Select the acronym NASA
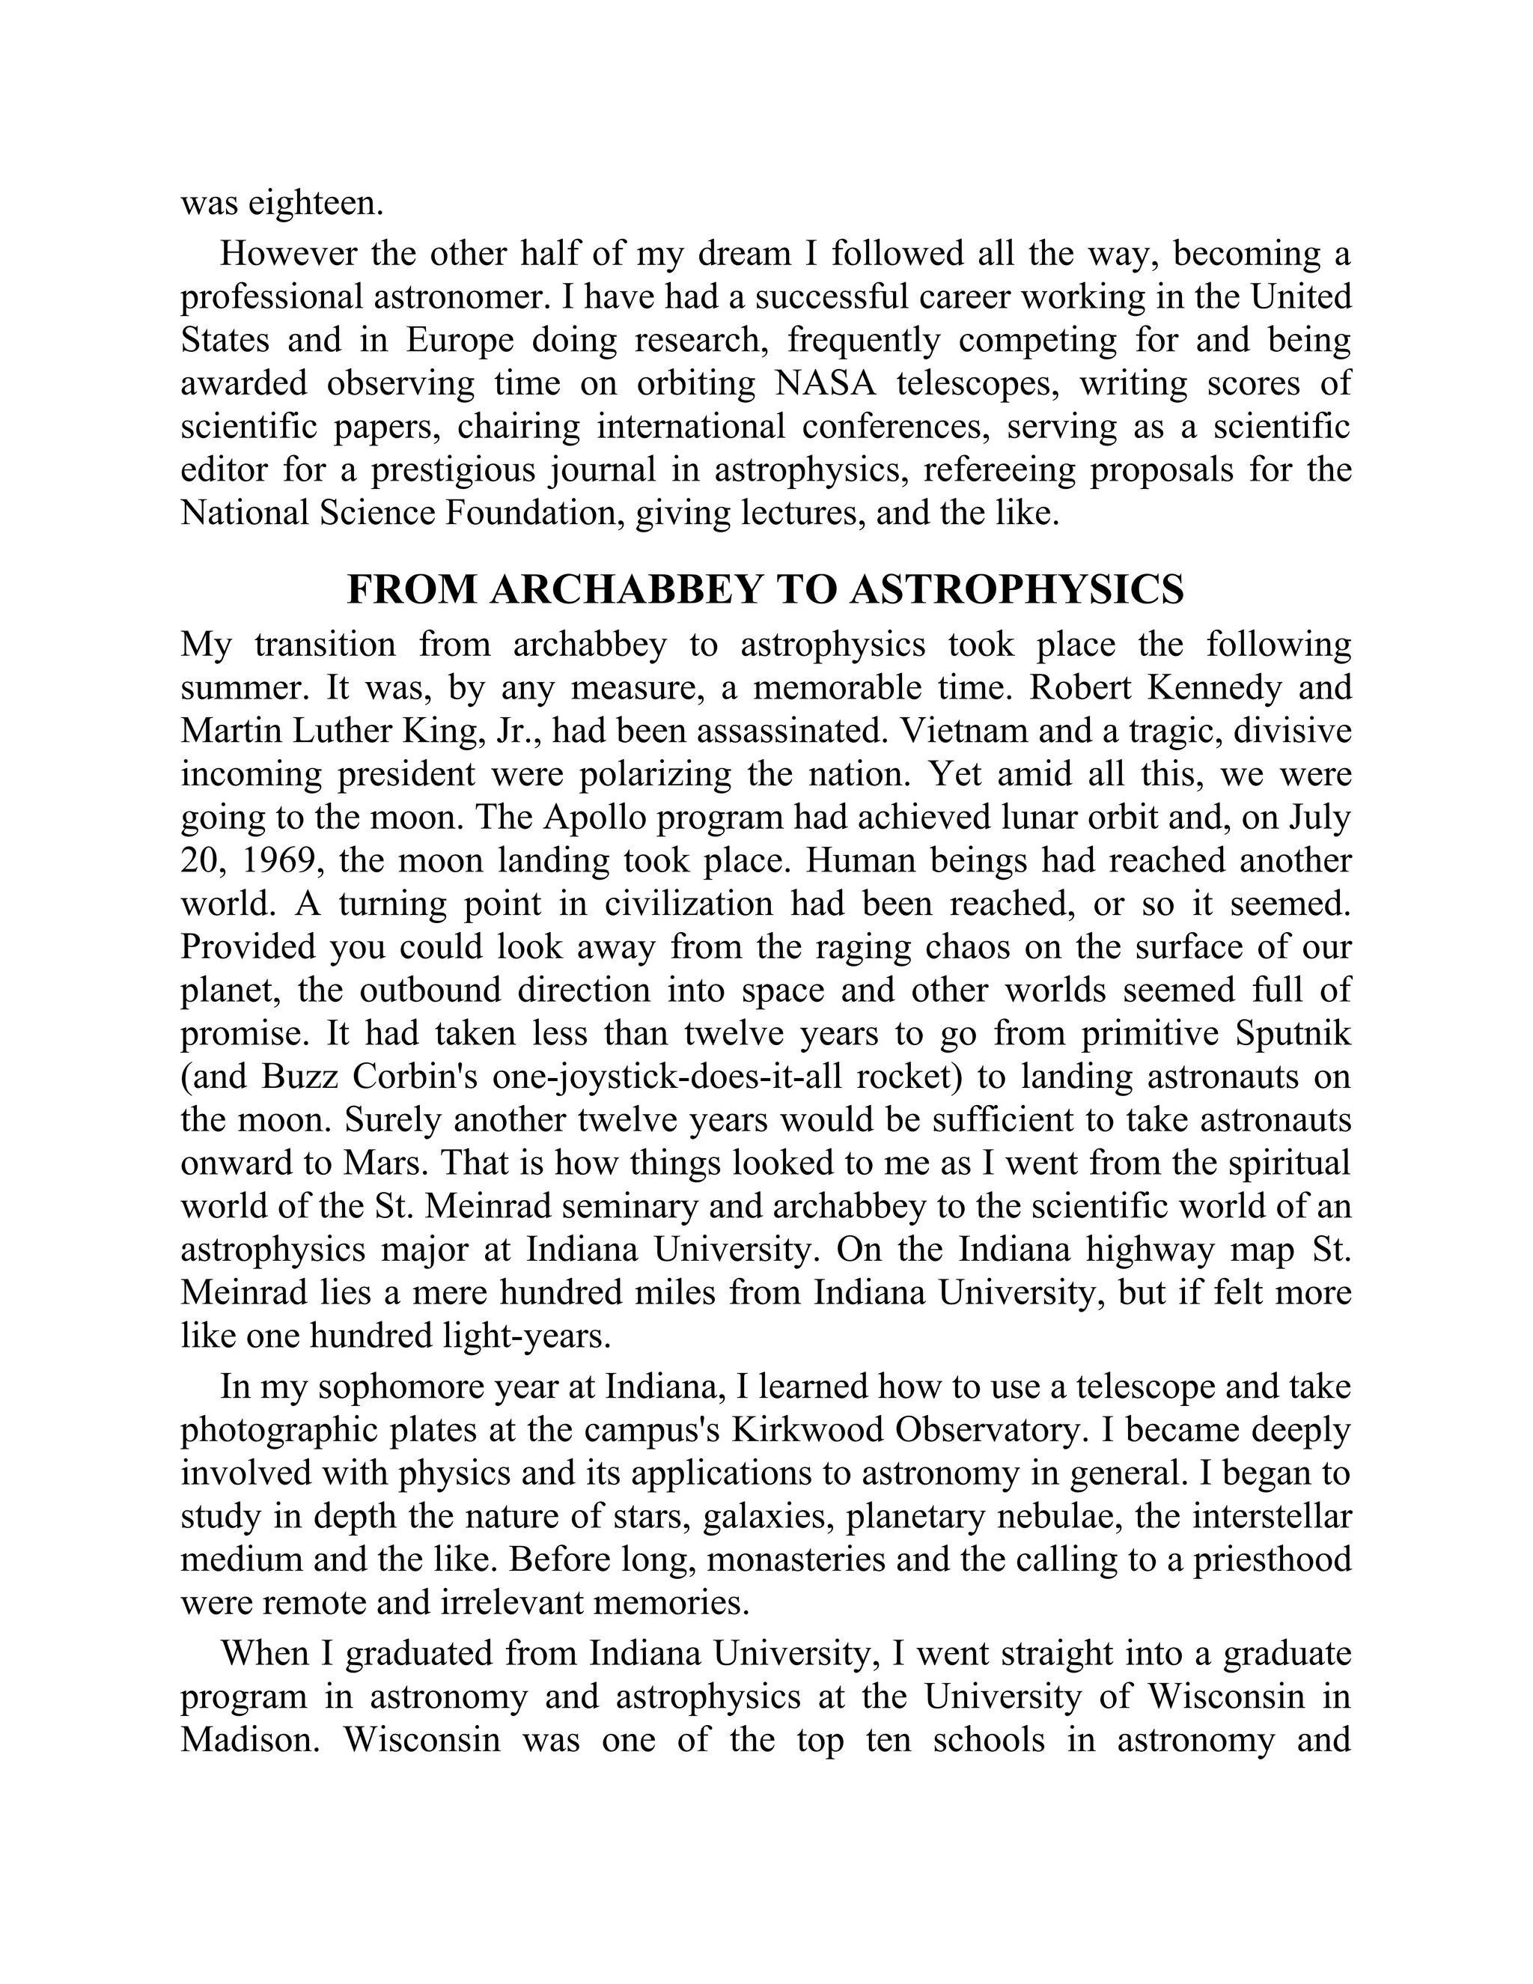pyautogui.click(x=826, y=383)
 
